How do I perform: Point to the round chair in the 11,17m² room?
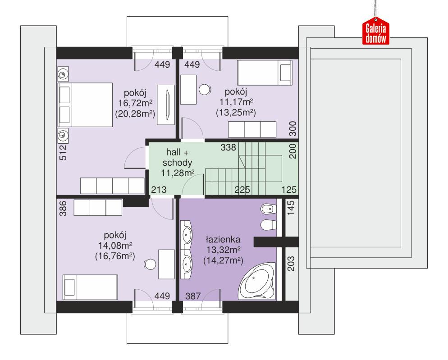[205, 90]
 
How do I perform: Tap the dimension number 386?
[63, 209]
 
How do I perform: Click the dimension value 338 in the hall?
[228, 147]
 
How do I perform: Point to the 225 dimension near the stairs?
[242, 190]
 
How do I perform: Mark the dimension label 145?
[291, 209]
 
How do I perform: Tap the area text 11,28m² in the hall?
[178, 173]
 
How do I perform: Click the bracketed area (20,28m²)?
[135, 114]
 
